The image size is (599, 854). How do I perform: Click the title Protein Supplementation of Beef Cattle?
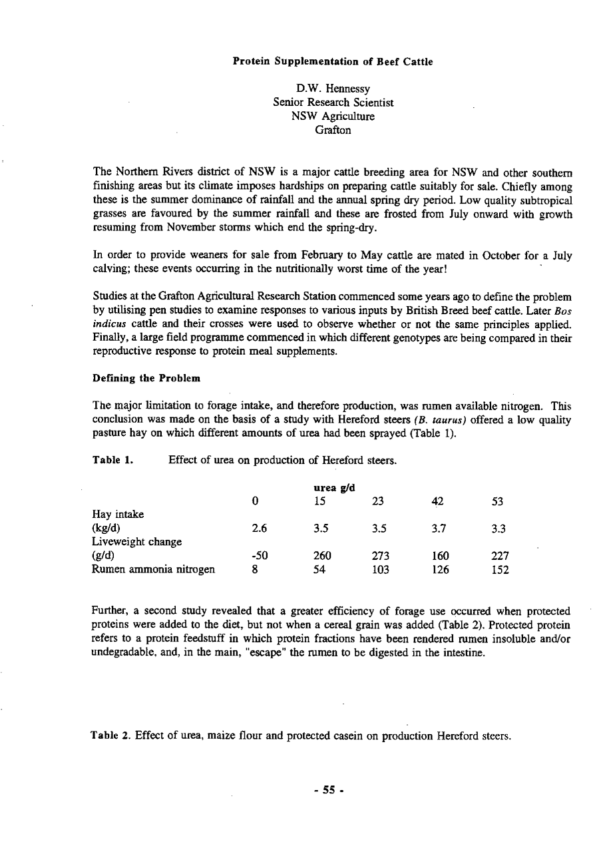pos(333,62)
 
